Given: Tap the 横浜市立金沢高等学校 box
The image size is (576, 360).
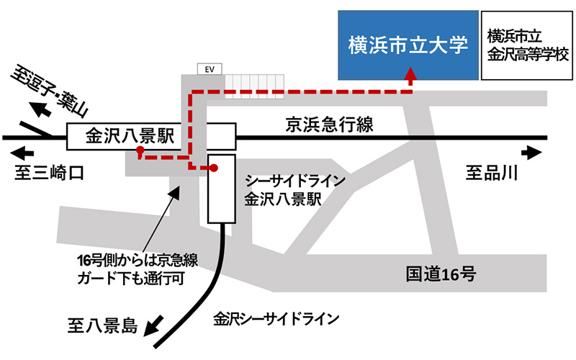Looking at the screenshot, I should click(528, 45).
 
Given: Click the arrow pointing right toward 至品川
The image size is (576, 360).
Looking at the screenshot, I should click(534, 152).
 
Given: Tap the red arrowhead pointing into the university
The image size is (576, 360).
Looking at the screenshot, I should click(410, 73).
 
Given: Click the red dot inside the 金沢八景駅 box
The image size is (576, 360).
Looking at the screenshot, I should click(141, 152).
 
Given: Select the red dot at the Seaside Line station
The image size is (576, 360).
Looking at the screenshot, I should click(213, 168).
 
